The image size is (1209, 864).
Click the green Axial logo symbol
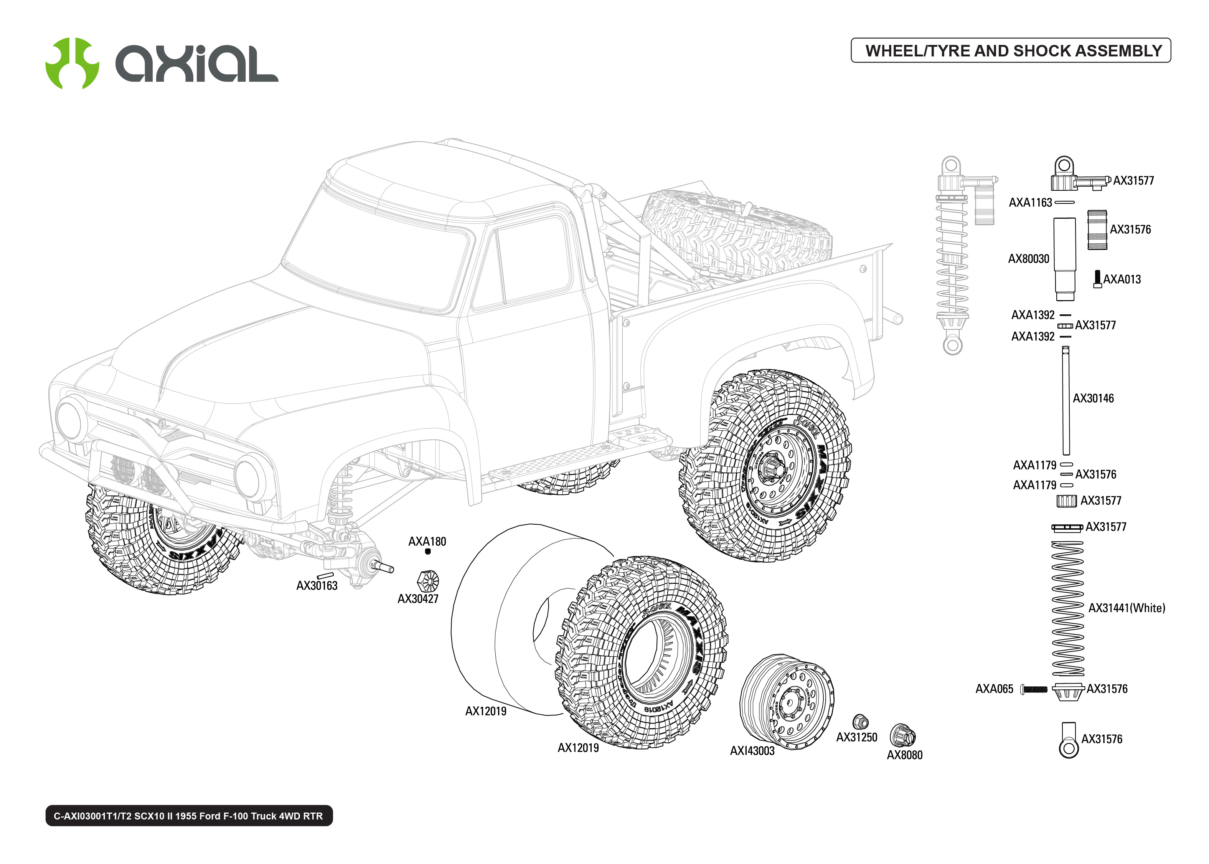pos(72,63)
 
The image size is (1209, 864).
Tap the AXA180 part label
pos(427,542)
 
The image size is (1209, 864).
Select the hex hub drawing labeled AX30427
pos(428,581)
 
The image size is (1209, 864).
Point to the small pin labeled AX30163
pos(325,576)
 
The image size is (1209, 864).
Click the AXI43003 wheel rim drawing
pos(786,701)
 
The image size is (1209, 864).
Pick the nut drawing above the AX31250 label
pos(860,722)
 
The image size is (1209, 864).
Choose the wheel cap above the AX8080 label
pos(902,736)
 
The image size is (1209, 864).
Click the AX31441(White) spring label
pos(1126,608)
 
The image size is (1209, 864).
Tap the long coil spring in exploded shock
pos(1067,608)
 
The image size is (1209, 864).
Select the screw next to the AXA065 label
pos(1034,689)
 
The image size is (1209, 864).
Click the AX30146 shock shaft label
pos(1093,398)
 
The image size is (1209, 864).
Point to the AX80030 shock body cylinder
pos(1064,258)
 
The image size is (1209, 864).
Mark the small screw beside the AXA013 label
pos(1097,279)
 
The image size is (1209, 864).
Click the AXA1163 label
pos(1030,203)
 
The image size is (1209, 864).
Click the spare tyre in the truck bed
pos(736,234)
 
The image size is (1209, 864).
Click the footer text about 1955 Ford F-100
pos(188,816)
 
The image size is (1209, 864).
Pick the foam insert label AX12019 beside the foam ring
pos(485,711)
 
